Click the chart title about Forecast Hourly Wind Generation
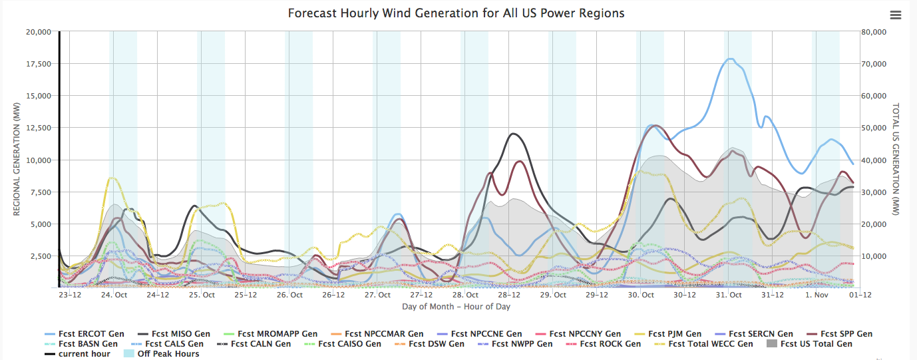click(x=456, y=13)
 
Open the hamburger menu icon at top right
click(x=895, y=15)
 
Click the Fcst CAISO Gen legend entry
click(x=349, y=344)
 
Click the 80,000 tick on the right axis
click(x=873, y=32)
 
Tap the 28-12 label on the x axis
click(x=508, y=295)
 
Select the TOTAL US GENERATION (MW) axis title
click(x=896, y=160)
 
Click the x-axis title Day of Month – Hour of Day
click(x=456, y=307)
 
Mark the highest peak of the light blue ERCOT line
click(x=730, y=59)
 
